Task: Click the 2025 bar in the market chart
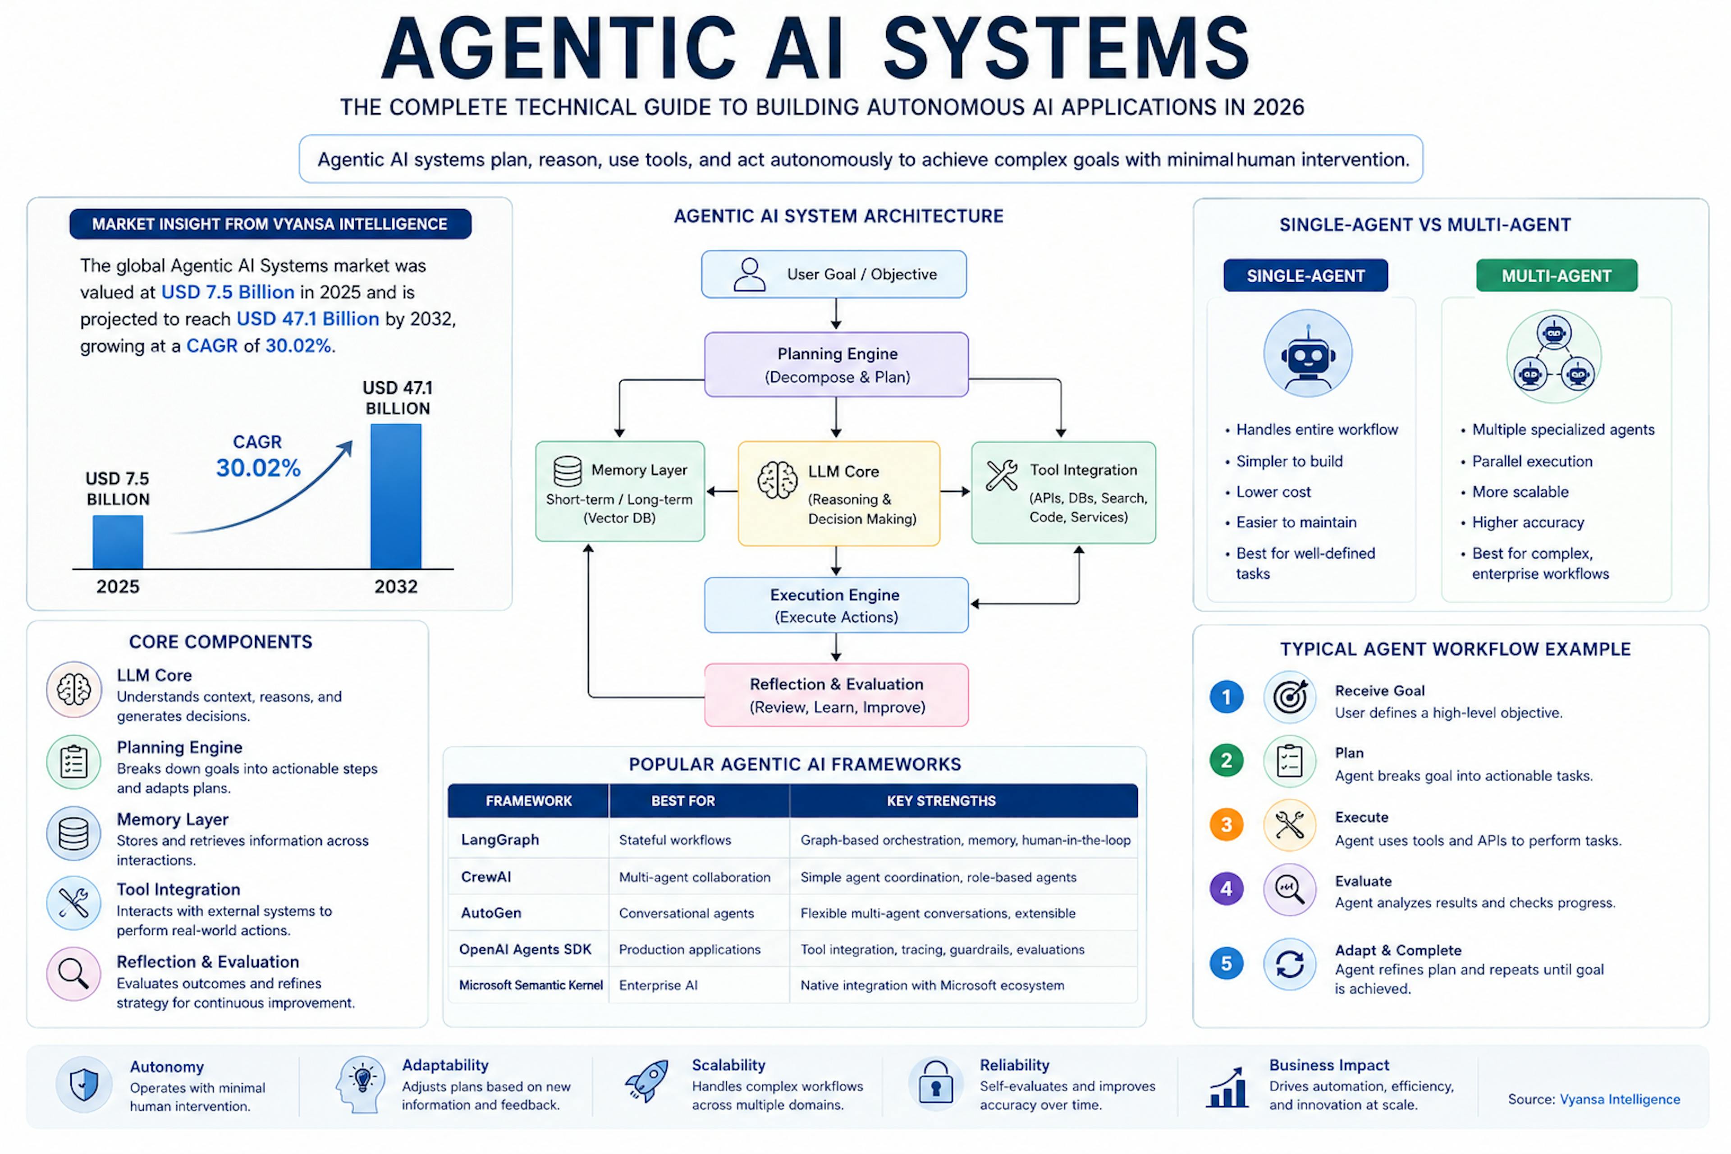point(118,542)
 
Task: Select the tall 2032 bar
point(396,496)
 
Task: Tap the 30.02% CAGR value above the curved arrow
point(258,468)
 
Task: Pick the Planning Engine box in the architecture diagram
point(836,365)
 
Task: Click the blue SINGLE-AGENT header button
point(1305,276)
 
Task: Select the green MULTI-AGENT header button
point(1557,276)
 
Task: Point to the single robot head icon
point(1308,355)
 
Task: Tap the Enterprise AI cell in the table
point(658,985)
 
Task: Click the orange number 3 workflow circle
point(1226,824)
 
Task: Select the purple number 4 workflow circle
point(1226,889)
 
